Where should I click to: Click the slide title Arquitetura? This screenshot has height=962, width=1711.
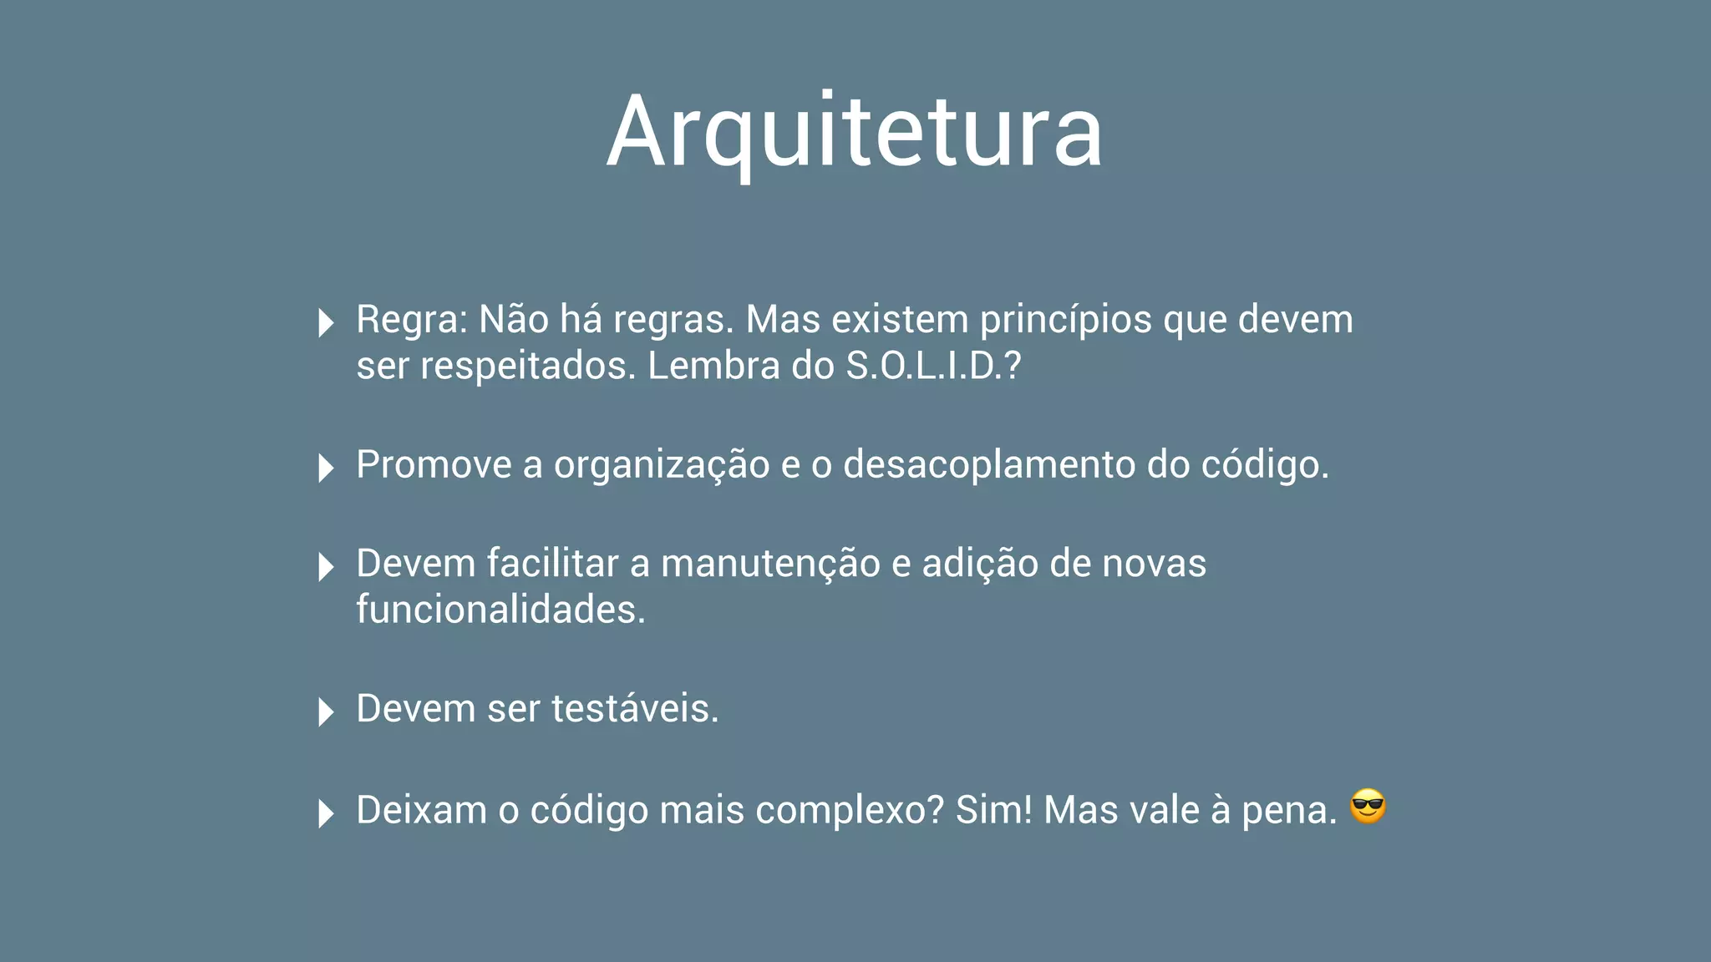point(855,132)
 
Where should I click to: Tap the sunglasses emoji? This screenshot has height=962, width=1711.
point(1368,807)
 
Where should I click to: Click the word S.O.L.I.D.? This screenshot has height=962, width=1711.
point(933,367)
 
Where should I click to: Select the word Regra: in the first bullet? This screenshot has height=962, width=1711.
point(412,321)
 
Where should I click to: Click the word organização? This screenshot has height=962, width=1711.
point(662,465)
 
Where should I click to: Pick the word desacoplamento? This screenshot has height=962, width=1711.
point(989,465)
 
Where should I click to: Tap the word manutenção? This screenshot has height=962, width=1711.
point(770,564)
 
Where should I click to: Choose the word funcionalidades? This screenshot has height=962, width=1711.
point(500,610)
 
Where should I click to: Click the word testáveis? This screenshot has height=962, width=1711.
point(635,709)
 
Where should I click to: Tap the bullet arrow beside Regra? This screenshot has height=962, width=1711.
point(326,322)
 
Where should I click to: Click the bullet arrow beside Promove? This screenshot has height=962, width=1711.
point(326,468)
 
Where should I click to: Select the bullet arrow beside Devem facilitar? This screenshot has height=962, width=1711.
point(326,567)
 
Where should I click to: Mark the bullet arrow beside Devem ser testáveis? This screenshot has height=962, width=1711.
point(326,711)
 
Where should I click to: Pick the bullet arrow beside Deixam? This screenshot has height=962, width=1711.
point(326,813)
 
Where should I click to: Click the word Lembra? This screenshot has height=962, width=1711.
point(713,367)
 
